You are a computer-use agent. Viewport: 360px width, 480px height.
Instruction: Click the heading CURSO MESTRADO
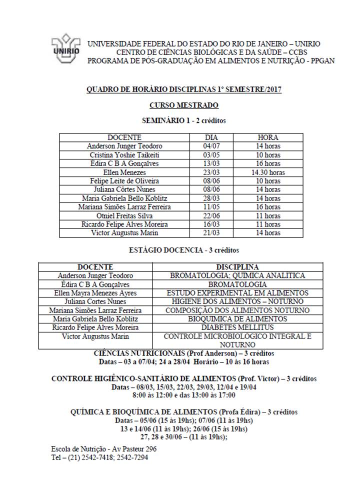183,105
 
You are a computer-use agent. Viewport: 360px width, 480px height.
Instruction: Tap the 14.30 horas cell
268,172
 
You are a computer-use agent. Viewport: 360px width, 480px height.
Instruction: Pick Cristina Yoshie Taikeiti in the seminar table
124,155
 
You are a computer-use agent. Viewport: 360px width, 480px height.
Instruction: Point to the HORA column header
268,137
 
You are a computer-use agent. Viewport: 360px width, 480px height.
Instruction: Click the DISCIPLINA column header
237,267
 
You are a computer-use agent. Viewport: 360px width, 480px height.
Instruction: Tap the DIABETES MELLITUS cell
237,327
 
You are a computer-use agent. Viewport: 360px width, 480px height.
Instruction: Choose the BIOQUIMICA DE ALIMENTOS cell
237,318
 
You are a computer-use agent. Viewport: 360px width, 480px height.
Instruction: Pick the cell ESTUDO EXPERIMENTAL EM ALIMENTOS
237,293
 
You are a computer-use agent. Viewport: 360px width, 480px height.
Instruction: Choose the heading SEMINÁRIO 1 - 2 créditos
183,120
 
